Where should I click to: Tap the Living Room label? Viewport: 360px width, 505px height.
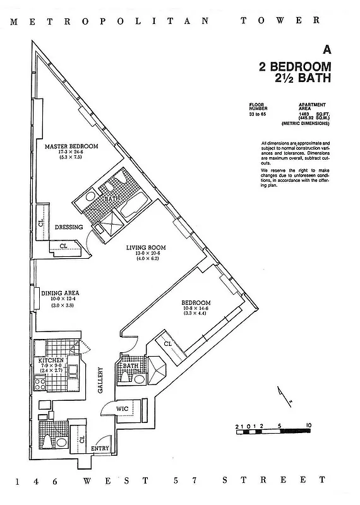tap(145, 247)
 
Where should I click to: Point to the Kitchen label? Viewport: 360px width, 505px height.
tap(51, 360)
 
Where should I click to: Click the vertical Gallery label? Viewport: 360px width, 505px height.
tap(100, 381)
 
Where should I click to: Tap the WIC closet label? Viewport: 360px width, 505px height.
tap(122, 409)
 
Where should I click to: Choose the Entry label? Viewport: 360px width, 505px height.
tap(100, 449)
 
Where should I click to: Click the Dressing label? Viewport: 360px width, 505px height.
tap(69, 227)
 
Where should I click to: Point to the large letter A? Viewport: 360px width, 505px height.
tap(327, 49)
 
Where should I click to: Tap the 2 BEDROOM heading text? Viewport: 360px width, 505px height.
tap(294, 67)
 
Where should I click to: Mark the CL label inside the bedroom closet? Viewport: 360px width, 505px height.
tap(168, 343)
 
